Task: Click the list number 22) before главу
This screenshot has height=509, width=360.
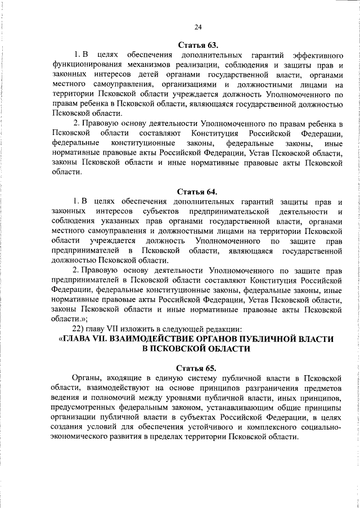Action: point(76,328)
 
